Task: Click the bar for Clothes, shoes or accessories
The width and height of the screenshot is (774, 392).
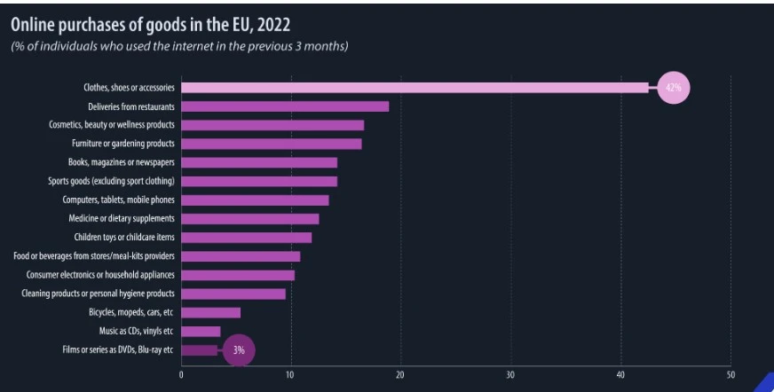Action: [415, 87]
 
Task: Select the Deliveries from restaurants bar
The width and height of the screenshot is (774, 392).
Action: [285, 106]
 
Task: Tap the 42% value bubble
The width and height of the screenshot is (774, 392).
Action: [674, 87]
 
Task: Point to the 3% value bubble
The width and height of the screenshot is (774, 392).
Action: [238, 350]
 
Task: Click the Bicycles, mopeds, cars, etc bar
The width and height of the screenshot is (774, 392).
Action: [210, 312]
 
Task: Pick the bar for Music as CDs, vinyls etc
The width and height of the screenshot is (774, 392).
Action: [201, 331]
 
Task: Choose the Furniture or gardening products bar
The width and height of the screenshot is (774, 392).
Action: [271, 144]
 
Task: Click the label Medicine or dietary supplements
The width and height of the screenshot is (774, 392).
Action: [122, 218]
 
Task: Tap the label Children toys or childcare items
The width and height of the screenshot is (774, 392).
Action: [124, 237]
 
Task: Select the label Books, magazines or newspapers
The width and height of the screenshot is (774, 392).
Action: [122, 162]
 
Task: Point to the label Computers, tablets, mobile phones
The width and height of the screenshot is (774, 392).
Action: [119, 200]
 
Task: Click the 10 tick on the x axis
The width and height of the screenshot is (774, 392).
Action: [290, 374]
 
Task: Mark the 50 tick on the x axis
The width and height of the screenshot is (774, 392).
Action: [731, 374]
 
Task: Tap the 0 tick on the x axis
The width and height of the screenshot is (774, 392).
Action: [181, 374]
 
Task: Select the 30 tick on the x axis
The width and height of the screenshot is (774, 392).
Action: [510, 374]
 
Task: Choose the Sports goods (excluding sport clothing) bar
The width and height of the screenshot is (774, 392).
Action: [259, 181]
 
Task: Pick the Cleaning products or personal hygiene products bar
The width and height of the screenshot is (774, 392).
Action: [233, 294]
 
